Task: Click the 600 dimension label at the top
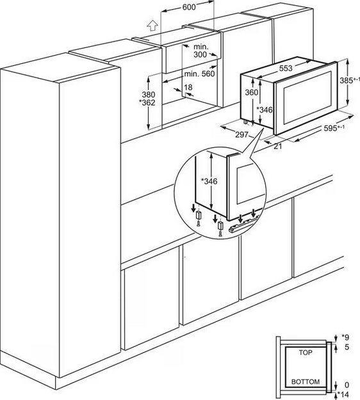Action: click(x=189, y=7)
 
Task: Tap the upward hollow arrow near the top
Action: click(x=152, y=26)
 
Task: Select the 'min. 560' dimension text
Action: click(x=199, y=74)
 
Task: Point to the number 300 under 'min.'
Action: click(x=200, y=54)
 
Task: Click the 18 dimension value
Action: click(x=188, y=88)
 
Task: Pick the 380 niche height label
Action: click(x=149, y=95)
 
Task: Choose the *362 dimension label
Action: click(x=147, y=102)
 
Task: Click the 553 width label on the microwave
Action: click(x=286, y=68)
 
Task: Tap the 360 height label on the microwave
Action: click(x=252, y=92)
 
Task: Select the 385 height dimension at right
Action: click(x=350, y=80)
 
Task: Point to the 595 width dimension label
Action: click(x=334, y=128)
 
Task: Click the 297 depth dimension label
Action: click(x=241, y=134)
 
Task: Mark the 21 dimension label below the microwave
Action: click(x=278, y=146)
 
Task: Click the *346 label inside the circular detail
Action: click(x=209, y=181)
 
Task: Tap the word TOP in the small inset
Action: click(x=306, y=353)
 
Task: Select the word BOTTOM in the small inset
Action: click(x=306, y=381)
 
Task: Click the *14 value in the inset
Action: click(x=343, y=394)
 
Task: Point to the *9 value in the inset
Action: click(x=345, y=337)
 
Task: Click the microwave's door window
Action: click(x=307, y=98)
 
